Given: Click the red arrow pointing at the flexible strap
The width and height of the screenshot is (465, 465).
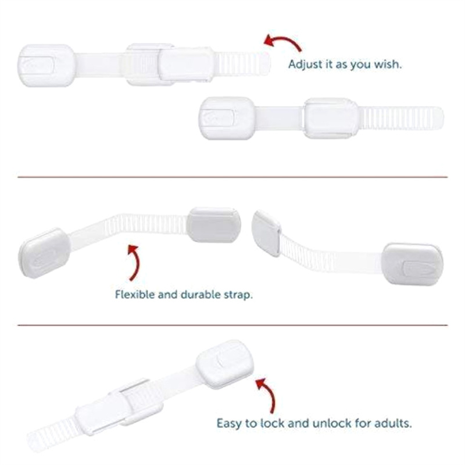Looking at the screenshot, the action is click(x=136, y=261).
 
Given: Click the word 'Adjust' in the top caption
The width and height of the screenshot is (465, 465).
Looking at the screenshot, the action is click(x=306, y=65).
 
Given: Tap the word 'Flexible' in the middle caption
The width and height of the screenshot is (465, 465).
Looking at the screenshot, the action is click(x=135, y=295).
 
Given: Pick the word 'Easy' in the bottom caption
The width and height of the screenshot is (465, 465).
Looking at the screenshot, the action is click(x=229, y=424).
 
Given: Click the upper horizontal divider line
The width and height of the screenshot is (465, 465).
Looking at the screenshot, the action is click(x=233, y=177).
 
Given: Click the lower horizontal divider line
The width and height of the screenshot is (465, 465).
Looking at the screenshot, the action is click(x=233, y=325).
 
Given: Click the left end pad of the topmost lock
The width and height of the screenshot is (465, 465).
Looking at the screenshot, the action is click(x=46, y=66).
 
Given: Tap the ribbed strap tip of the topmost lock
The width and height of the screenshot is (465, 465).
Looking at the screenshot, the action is click(x=242, y=63).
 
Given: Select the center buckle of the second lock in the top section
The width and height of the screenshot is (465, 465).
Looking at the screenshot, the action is click(x=331, y=118).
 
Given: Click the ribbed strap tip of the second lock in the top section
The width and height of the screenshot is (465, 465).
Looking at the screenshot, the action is click(x=402, y=118).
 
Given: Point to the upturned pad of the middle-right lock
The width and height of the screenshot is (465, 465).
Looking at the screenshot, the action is click(x=266, y=233).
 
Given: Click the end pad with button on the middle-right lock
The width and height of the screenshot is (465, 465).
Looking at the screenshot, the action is click(x=412, y=264).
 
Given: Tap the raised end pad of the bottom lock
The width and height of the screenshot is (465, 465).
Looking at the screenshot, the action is click(x=225, y=364).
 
